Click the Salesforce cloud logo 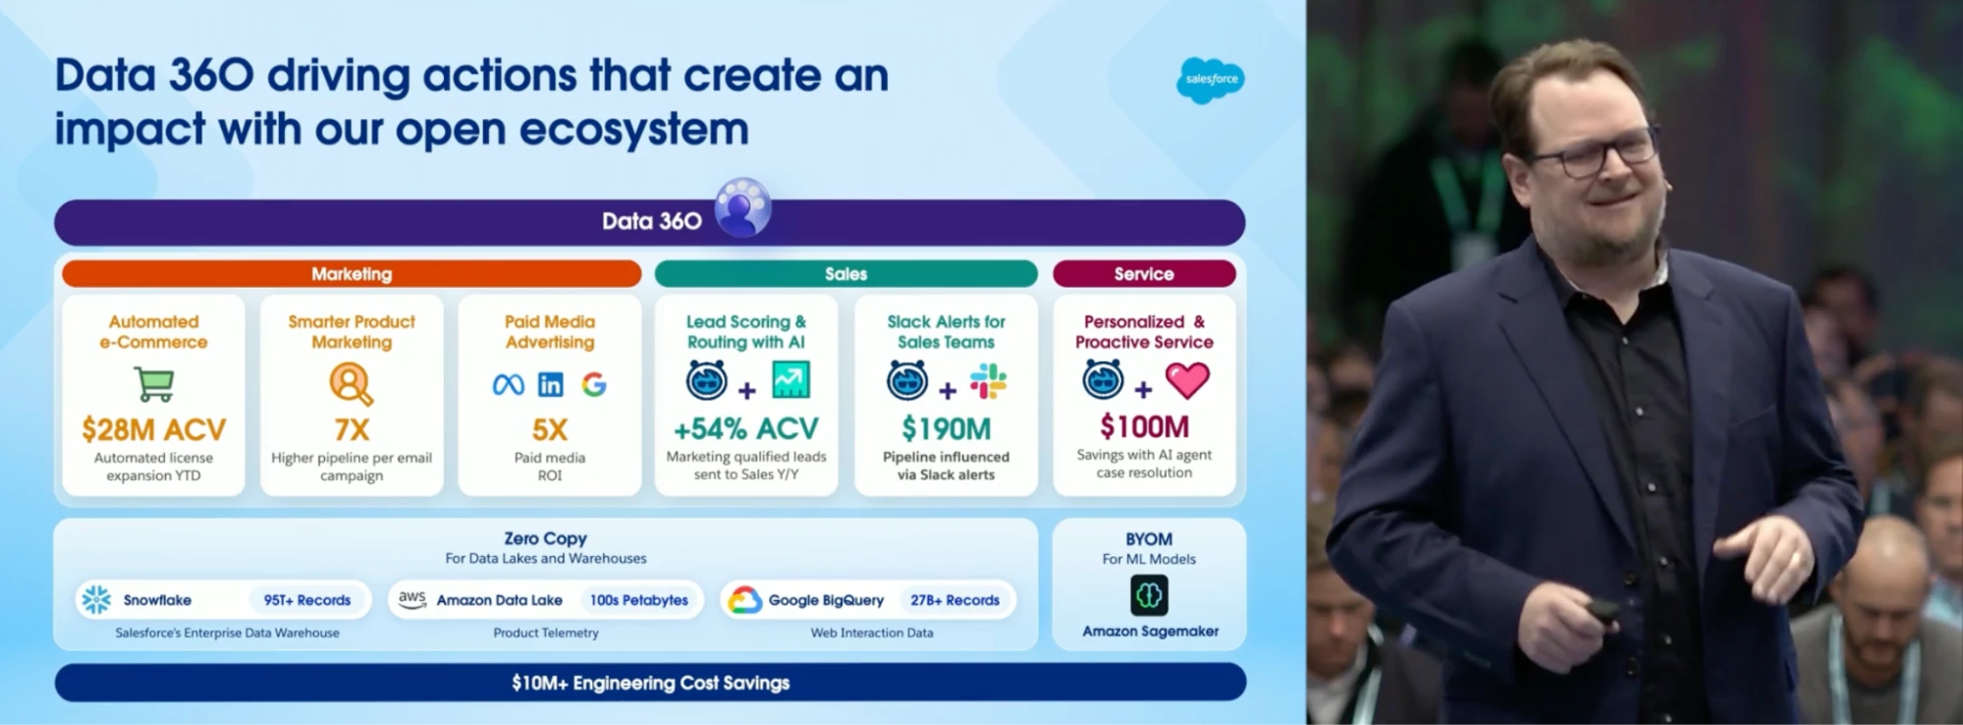pyautogui.click(x=1210, y=80)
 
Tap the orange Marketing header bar pyautogui.click(x=352, y=274)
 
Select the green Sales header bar pyautogui.click(x=845, y=274)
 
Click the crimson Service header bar pyautogui.click(x=1144, y=274)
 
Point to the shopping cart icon pyautogui.click(x=154, y=383)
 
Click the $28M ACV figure pyautogui.click(x=153, y=429)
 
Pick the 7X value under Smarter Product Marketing pyautogui.click(x=352, y=429)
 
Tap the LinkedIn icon pyautogui.click(x=551, y=384)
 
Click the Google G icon pyautogui.click(x=594, y=384)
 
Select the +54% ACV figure pyautogui.click(x=745, y=429)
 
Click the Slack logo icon pyautogui.click(x=988, y=381)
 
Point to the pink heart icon pyautogui.click(x=1187, y=380)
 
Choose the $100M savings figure pyautogui.click(x=1144, y=426)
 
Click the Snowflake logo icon pyautogui.click(x=96, y=599)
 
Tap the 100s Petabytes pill pyautogui.click(x=639, y=600)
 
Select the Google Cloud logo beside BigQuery pyautogui.click(x=744, y=599)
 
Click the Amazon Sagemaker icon pyautogui.click(x=1149, y=594)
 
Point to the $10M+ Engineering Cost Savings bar pyautogui.click(x=650, y=683)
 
